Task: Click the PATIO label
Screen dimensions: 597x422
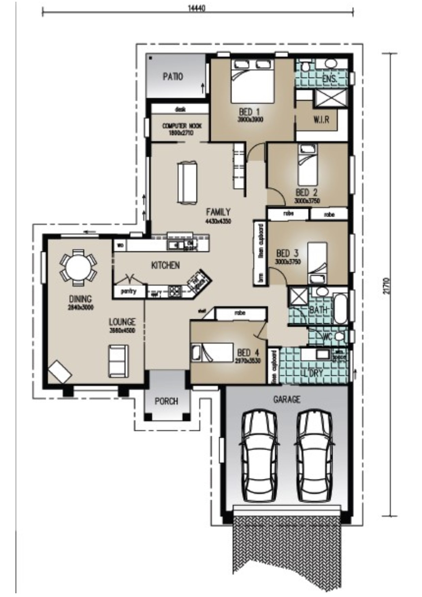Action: coord(173,77)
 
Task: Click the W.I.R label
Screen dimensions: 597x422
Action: coord(321,120)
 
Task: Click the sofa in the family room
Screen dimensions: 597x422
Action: coord(187,183)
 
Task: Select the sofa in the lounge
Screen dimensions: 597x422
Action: coord(118,361)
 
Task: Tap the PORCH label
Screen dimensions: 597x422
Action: coord(166,401)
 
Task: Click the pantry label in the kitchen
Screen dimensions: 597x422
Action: coord(129,291)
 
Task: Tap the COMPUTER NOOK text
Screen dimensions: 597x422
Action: coord(182,126)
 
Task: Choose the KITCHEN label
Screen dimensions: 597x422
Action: coord(165,265)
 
